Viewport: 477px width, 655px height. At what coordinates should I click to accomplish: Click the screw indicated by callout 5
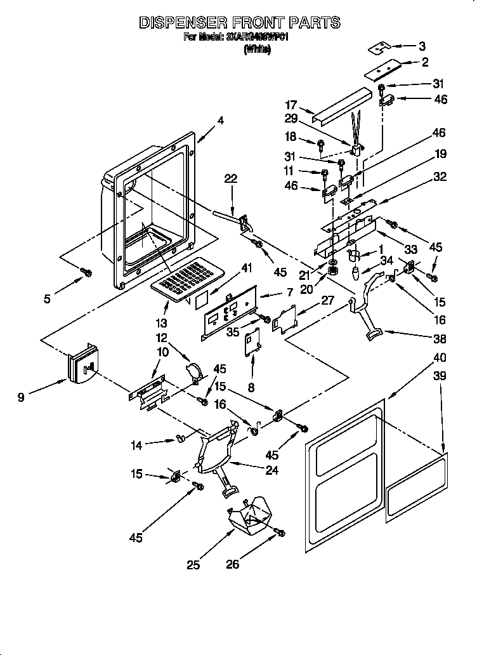pyautogui.click(x=88, y=272)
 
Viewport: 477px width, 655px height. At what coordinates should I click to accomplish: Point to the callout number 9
pyautogui.click(x=21, y=398)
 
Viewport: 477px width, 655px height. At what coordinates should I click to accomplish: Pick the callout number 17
pyautogui.click(x=291, y=105)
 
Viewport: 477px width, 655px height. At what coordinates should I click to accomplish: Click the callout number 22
pyautogui.click(x=231, y=180)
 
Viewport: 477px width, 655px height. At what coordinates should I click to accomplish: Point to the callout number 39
pyautogui.click(x=438, y=376)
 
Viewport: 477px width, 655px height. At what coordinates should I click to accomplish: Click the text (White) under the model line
pyautogui.click(x=257, y=50)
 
